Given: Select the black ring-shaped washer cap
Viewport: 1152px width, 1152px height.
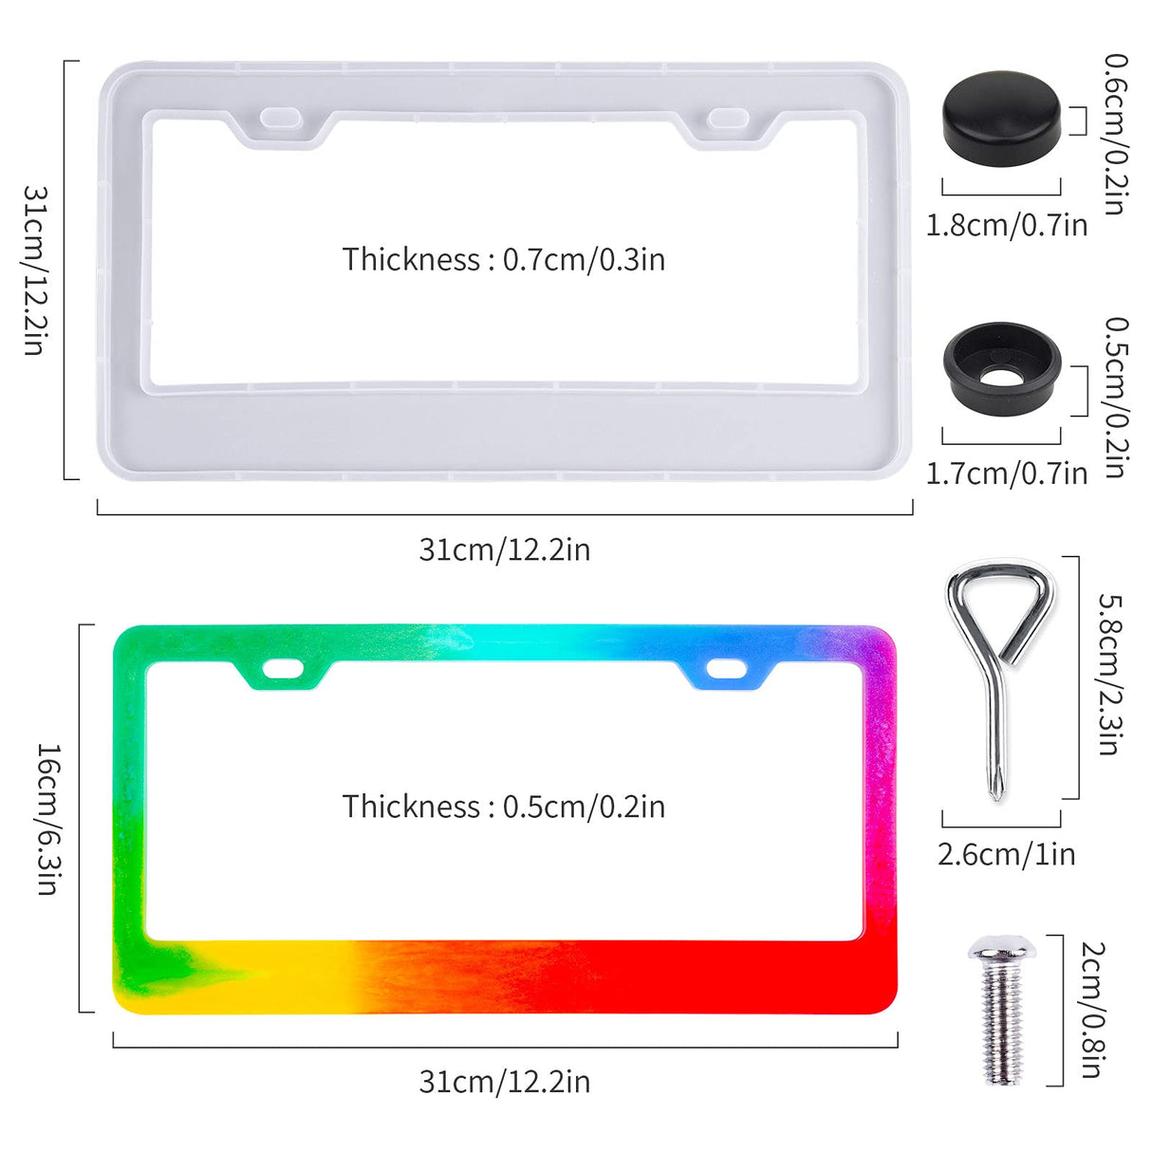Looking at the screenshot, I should [1001, 365].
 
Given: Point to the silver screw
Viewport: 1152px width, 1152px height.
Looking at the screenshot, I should [1001, 1010].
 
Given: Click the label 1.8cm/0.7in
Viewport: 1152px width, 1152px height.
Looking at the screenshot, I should [1006, 226].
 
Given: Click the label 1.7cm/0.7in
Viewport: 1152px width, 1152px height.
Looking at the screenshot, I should [1006, 473].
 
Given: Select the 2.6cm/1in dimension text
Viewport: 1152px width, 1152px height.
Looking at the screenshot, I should [1006, 854].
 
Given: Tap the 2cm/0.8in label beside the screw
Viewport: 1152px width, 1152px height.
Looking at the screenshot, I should [1092, 1010].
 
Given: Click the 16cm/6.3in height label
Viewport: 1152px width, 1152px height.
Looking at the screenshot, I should [48, 818].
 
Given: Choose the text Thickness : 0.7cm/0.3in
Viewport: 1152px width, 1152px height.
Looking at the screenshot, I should [504, 259].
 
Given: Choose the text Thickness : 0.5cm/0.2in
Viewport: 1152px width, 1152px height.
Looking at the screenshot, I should [504, 807].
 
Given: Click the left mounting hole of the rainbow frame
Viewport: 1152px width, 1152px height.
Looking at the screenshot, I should [283, 668].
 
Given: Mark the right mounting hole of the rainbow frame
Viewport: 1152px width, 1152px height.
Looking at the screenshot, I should [726, 670].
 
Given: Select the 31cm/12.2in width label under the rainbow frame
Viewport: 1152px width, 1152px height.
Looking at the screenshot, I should [504, 1082].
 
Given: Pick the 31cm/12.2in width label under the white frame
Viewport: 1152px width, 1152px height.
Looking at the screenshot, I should [504, 549].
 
